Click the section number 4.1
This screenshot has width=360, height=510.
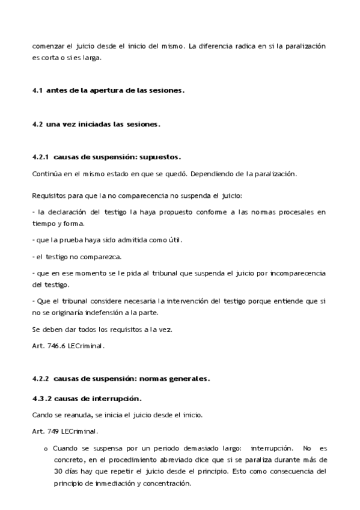(37, 91)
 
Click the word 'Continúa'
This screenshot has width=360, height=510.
(46, 174)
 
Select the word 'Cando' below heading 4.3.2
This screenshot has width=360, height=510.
(42, 415)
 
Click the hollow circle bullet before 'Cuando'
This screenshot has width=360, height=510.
(46, 449)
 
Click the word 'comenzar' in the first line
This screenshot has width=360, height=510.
(48, 46)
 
